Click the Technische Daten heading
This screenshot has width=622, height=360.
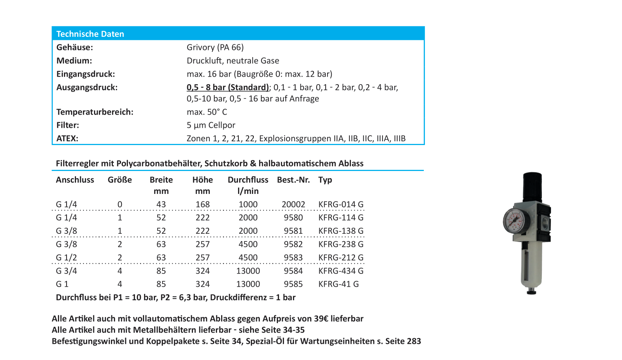click(x=90, y=34)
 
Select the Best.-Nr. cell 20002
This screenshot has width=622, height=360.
click(x=293, y=204)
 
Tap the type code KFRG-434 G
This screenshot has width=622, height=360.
click(x=341, y=271)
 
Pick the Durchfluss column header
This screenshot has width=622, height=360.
click(x=248, y=180)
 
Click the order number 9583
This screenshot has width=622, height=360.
click(x=293, y=258)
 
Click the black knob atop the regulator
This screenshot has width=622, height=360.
click(x=532, y=186)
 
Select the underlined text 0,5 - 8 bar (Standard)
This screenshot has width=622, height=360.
click(x=228, y=88)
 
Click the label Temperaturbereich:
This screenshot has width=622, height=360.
click(x=95, y=112)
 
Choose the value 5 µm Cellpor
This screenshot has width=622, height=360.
click(x=211, y=125)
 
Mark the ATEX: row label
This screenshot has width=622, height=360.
click(x=67, y=139)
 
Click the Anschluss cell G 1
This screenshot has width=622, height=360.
click(x=62, y=284)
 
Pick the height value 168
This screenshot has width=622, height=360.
click(x=202, y=204)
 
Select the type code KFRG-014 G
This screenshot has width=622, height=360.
click(x=341, y=204)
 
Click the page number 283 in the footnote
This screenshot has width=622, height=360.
click(x=414, y=341)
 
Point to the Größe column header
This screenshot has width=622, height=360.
click(x=120, y=180)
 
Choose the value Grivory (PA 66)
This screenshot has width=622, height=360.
click(x=215, y=47)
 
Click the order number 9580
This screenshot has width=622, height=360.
click(x=293, y=218)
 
